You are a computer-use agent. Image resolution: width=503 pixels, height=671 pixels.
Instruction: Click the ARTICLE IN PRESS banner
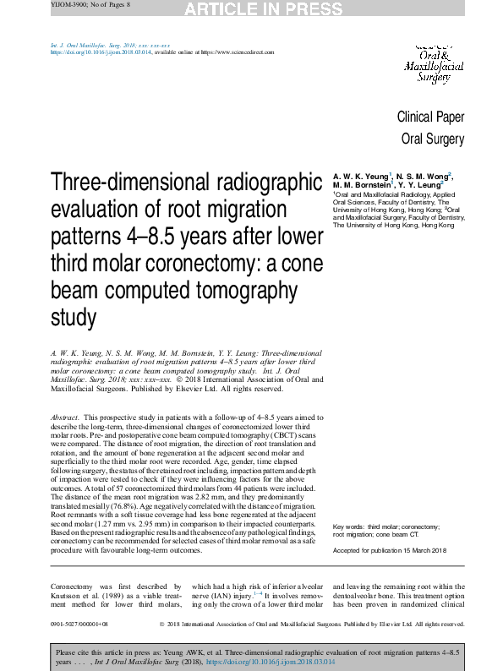click(x=251, y=8)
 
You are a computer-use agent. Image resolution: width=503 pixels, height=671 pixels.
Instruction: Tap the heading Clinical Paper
click(x=430, y=117)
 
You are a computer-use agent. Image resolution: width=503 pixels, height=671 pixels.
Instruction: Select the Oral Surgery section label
click(x=432, y=139)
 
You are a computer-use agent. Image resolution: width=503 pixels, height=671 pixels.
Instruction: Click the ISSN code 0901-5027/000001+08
click(x=79, y=625)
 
